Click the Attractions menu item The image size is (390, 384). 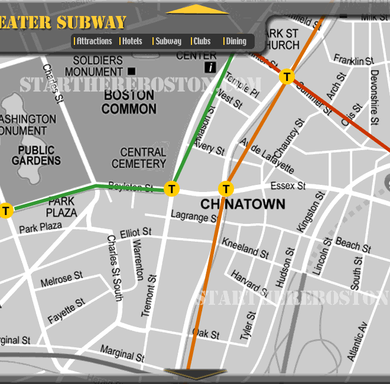94,41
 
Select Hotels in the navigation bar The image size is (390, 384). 132,41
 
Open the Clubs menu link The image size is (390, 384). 201,41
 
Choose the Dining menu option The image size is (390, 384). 236,41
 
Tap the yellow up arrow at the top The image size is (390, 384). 197,9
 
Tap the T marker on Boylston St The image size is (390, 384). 171,188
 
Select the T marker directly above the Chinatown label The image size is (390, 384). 226,188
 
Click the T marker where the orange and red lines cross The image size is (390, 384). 287,76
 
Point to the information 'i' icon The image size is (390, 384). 210,67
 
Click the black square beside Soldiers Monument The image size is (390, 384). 131,71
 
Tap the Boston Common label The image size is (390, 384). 129,102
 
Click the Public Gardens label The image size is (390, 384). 35,155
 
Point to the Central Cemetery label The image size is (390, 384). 139,158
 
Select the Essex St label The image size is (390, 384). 288,186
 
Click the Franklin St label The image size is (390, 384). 353,60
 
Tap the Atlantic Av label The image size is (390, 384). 357,341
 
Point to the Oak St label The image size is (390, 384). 206,334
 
